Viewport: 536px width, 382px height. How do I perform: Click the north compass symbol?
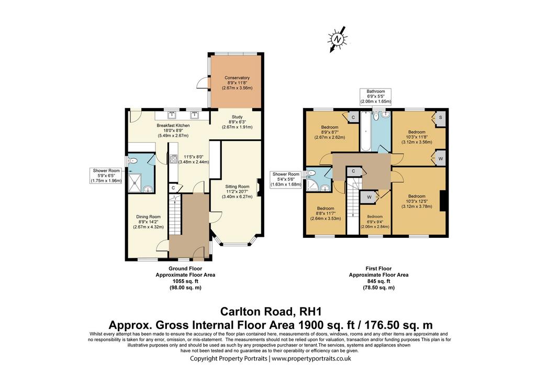338,39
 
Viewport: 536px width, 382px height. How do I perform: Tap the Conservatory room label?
237,78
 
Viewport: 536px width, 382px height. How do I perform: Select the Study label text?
237,117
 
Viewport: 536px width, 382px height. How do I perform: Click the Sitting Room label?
237,187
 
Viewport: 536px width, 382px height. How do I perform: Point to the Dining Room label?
148,216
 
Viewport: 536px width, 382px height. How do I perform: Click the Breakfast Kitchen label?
173,126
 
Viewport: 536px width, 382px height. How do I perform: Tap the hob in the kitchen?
172,159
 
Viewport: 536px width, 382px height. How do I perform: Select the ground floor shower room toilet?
133,160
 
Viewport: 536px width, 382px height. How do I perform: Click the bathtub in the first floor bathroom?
365,131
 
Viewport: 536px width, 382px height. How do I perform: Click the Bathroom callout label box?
376,96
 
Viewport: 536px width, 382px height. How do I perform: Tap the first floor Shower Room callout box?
286,179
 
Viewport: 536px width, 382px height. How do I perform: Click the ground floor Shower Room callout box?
106,176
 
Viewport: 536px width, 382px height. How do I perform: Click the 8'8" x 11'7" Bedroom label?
326,209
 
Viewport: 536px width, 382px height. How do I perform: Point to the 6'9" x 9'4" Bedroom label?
375,216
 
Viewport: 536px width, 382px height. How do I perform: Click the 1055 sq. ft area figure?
185,281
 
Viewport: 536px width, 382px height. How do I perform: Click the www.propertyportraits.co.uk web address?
311,359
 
